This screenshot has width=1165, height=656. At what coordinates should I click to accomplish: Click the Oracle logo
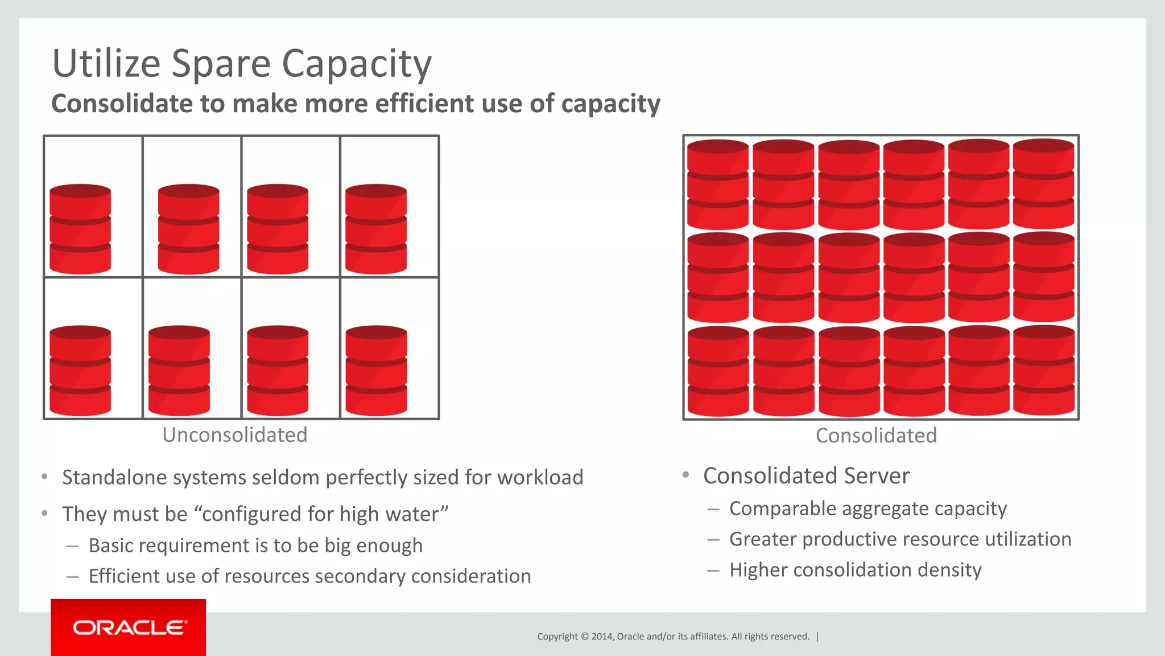pos(129,628)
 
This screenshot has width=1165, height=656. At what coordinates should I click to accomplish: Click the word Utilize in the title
pos(106,63)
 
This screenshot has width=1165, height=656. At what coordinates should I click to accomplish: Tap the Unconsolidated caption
pos(234,435)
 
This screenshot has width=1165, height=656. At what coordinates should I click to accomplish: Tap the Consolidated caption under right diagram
pos(876,436)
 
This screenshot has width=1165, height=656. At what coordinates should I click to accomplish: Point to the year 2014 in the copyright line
pos(601,637)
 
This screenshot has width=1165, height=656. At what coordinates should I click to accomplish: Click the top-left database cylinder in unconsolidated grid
pos(80,229)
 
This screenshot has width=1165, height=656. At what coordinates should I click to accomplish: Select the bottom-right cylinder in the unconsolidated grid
pos(376,370)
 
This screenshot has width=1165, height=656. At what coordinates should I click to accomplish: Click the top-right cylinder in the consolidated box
pos(1043,183)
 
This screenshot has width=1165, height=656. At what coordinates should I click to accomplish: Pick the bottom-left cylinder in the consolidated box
pos(718,371)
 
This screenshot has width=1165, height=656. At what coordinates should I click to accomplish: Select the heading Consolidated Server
pos(806,476)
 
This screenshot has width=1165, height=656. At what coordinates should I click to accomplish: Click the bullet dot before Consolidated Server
pos(686,475)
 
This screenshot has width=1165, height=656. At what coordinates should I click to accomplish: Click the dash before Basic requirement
pos(72,546)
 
